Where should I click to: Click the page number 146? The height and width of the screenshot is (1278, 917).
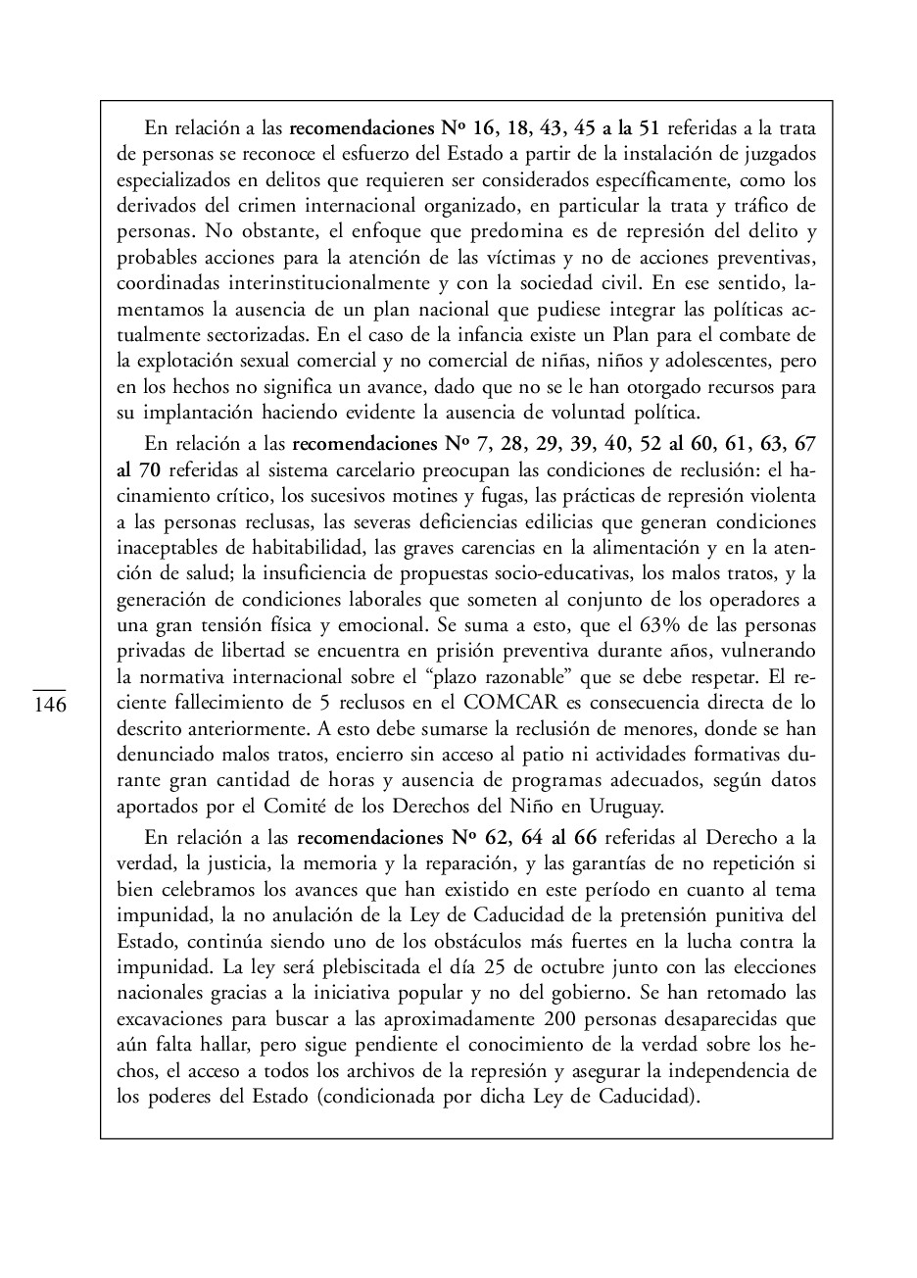pos(50,706)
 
